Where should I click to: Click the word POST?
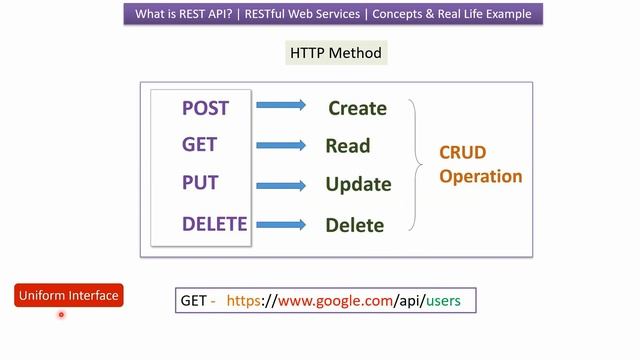coord(205,108)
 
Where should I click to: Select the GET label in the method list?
coord(199,145)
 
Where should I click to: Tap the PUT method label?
coord(200,183)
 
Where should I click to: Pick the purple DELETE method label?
coord(214,223)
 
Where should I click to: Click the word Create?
coord(357,108)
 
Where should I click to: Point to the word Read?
coord(347,146)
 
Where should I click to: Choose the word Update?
coord(358,185)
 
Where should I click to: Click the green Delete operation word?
coord(354,225)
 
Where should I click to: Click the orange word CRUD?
coord(462,153)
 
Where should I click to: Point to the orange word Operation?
coord(481,176)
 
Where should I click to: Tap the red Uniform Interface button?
coord(69,295)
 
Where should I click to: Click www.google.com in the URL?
coord(334,300)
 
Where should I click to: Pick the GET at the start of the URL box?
coord(193,300)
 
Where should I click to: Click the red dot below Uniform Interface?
coord(61,315)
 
